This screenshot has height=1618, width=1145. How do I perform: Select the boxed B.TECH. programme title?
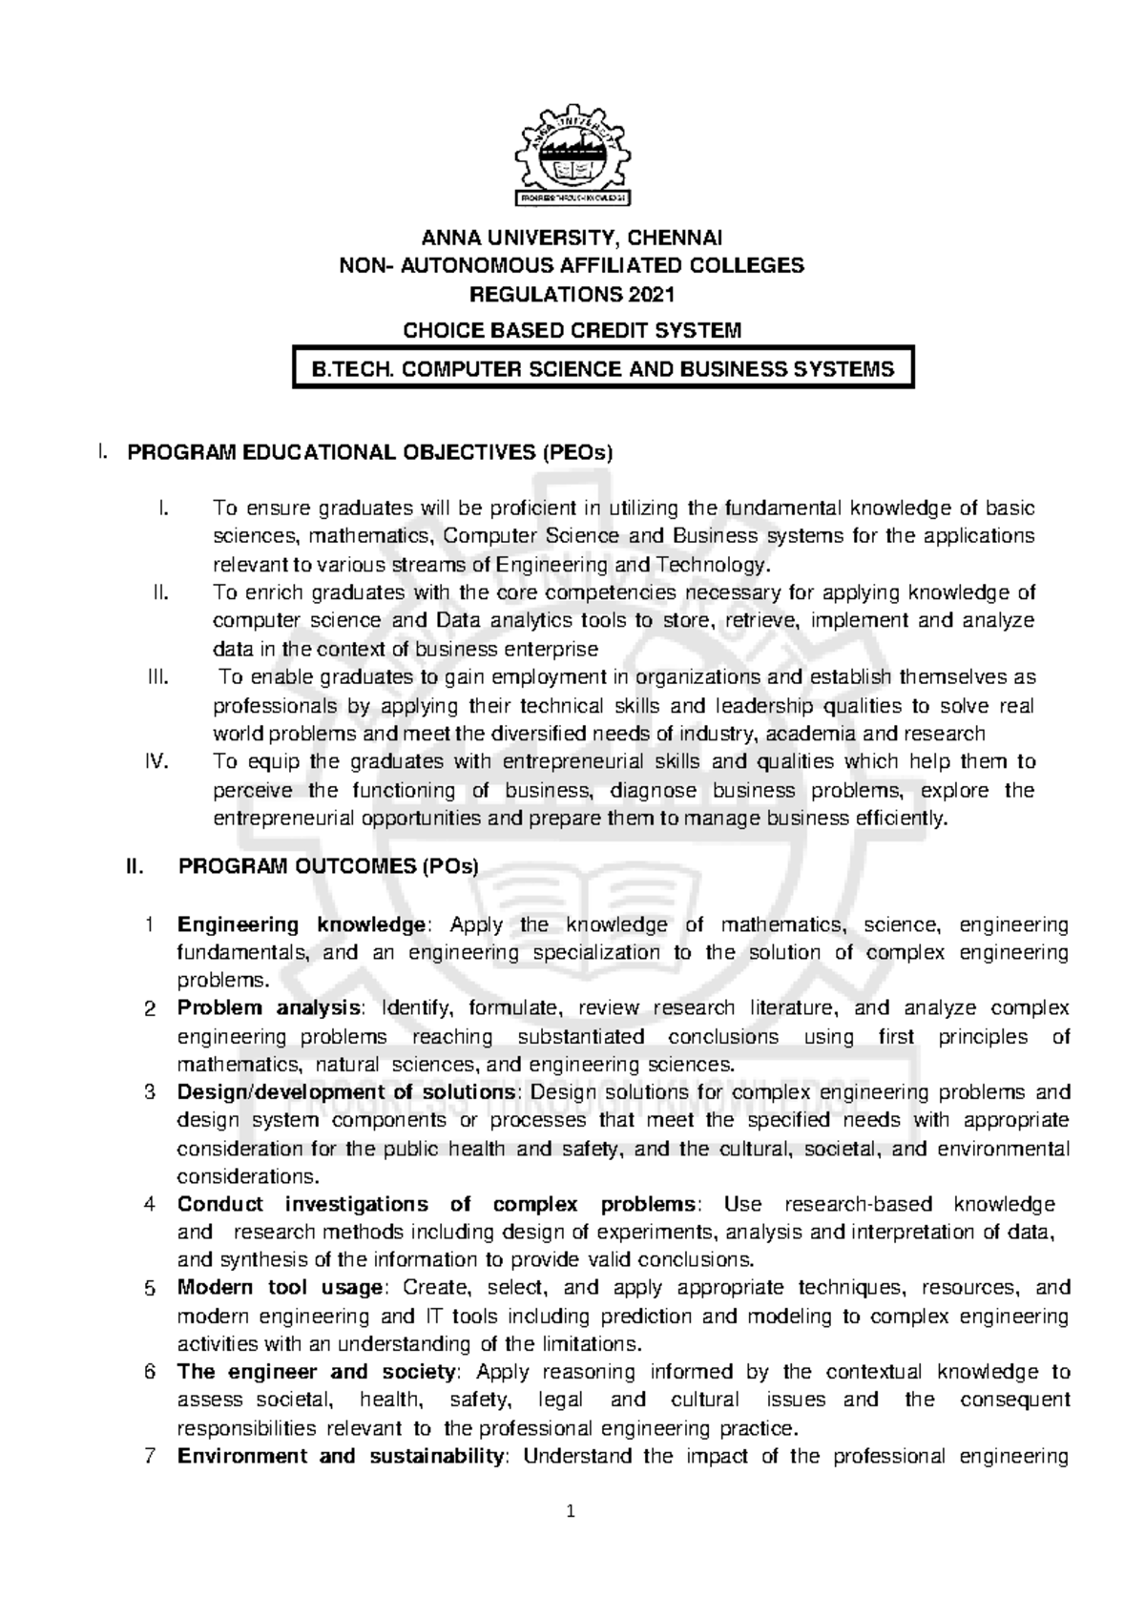click(x=603, y=369)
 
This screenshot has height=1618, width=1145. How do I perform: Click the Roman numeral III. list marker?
click(x=157, y=677)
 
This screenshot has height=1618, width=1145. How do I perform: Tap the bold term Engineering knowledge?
click(x=301, y=924)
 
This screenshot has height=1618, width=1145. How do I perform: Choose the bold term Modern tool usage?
click(x=280, y=1288)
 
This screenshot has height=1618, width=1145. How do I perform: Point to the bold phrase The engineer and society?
click(x=314, y=1372)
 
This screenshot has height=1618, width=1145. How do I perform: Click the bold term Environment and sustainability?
click(x=341, y=1457)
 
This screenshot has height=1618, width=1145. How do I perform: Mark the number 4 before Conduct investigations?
click(x=149, y=1205)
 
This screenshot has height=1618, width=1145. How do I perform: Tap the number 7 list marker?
click(x=149, y=1457)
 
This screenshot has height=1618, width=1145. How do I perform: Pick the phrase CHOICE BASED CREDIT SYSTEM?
click(x=572, y=330)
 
